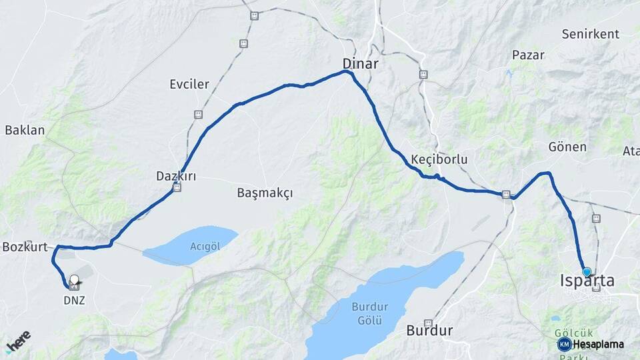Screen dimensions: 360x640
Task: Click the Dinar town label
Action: pyautogui.click(x=360, y=64)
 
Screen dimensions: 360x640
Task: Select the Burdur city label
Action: pyautogui.click(x=429, y=330)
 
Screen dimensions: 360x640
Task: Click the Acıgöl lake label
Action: pyautogui.click(x=205, y=246)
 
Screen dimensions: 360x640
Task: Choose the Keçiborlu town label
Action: pyautogui.click(x=439, y=160)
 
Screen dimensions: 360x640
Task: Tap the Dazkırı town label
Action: pyautogui.click(x=176, y=176)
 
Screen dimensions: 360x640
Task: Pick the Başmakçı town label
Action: pyautogui.click(x=265, y=193)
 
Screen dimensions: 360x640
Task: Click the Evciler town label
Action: pyautogui.click(x=189, y=84)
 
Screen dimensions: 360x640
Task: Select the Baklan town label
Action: pyautogui.click(x=25, y=130)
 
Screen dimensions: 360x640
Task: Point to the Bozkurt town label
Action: pyautogui.click(x=25, y=247)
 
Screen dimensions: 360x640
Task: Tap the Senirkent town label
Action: pyautogui.click(x=590, y=33)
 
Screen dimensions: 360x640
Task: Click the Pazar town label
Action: pyautogui.click(x=528, y=55)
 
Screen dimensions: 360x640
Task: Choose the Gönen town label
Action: pyautogui.click(x=567, y=147)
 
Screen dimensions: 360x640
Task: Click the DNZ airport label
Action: pyautogui.click(x=74, y=300)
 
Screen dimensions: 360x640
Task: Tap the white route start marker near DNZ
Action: pyautogui.click(x=74, y=281)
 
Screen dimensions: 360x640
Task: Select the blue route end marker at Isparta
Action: pyautogui.click(x=587, y=272)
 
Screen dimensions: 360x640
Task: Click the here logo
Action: pyautogui.click(x=18, y=341)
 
